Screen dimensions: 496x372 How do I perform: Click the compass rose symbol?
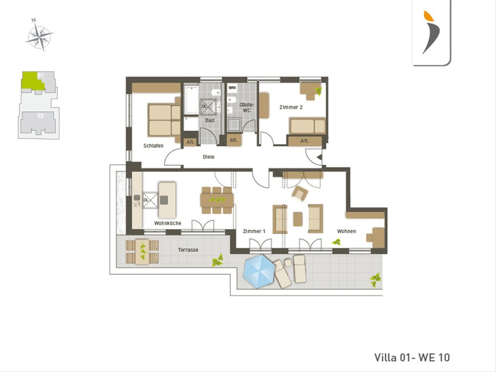[40, 36]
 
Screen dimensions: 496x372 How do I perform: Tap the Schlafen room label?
[153, 146]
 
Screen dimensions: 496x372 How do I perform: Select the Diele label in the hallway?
[209, 157]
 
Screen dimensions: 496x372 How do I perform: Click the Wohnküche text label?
[168, 223]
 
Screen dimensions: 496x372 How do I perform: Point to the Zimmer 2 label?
[291, 107]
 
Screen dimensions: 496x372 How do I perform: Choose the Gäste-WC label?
[246, 108]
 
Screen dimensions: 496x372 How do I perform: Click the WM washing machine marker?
[232, 88]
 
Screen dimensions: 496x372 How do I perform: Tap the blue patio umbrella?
[259, 271]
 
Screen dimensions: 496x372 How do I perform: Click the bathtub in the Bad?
[191, 100]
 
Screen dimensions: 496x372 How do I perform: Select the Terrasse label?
[188, 250]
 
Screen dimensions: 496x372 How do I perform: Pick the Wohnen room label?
[346, 231]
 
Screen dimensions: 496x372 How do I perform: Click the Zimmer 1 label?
[254, 231]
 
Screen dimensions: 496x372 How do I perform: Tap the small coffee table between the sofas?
[298, 219]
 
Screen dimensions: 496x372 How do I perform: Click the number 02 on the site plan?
[41, 116]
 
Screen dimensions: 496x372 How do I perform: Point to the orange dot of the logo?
[429, 16]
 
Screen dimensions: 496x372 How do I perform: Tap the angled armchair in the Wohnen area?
[300, 193]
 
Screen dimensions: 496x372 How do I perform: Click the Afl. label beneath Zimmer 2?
[305, 141]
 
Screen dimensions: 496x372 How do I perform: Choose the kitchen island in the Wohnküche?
[167, 200]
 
